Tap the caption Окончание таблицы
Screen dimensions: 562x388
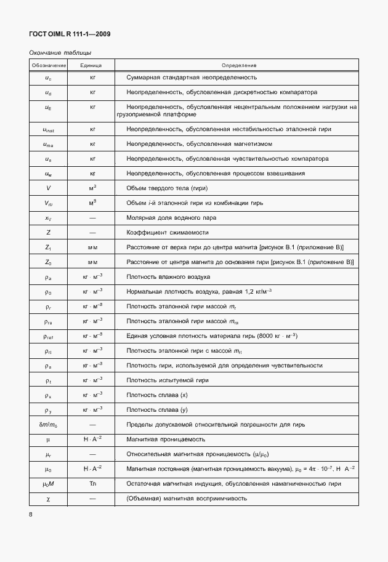[x=60, y=53]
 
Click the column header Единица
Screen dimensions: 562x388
[x=92, y=65]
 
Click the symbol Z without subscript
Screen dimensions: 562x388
[x=48, y=233]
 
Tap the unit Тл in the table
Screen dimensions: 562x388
[x=92, y=483]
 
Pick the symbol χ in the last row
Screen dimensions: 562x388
[x=48, y=498]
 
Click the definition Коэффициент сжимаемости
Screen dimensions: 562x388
[x=167, y=233]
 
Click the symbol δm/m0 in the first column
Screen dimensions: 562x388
[x=48, y=425]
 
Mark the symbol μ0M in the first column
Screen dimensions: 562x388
[x=48, y=483]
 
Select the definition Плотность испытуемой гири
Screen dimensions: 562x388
[x=168, y=380]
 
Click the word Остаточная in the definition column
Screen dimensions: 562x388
[x=143, y=483]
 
